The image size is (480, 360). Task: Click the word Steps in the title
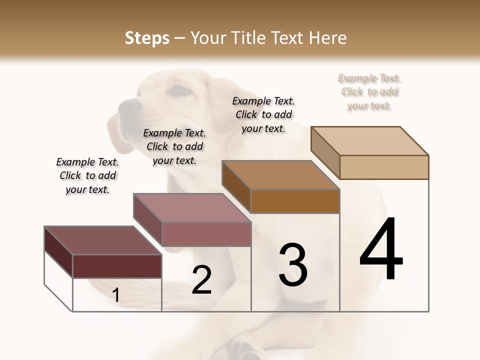click(147, 38)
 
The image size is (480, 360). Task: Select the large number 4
click(381, 249)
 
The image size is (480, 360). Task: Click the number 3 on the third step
click(293, 264)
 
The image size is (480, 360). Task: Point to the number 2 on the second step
click(201, 280)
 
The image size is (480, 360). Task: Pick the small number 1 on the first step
click(116, 295)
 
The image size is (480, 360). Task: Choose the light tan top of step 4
click(370, 141)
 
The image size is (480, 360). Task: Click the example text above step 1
click(87, 175)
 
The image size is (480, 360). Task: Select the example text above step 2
click(174, 146)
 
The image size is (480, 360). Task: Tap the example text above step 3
click(263, 114)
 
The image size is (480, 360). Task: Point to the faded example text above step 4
click(369, 91)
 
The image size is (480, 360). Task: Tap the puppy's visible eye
click(181, 90)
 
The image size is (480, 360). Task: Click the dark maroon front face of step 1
click(117, 266)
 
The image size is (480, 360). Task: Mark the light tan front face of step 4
click(384, 167)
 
